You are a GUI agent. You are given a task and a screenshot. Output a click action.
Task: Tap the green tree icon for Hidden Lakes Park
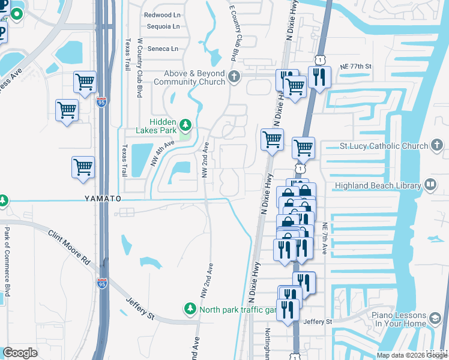click(x=186, y=125)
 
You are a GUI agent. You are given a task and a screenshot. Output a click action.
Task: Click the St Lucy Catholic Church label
click(x=384, y=145)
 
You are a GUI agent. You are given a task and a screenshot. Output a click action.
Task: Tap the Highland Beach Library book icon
click(x=430, y=185)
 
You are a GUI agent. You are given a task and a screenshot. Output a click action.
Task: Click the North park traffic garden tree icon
click(x=190, y=308)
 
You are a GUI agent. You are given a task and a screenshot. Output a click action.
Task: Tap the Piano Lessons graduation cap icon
click(x=435, y=317)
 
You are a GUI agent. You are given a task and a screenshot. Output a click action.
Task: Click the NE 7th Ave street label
click(x=324, y=238)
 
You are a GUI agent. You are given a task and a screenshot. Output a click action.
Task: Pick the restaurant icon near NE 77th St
click(x=318, y=77)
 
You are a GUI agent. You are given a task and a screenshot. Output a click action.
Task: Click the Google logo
click(x=20, y=353)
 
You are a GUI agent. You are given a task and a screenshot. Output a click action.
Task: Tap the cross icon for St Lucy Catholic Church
click(x=438, y=145)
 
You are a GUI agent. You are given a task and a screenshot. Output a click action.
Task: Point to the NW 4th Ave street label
click(x=162, y=153)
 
